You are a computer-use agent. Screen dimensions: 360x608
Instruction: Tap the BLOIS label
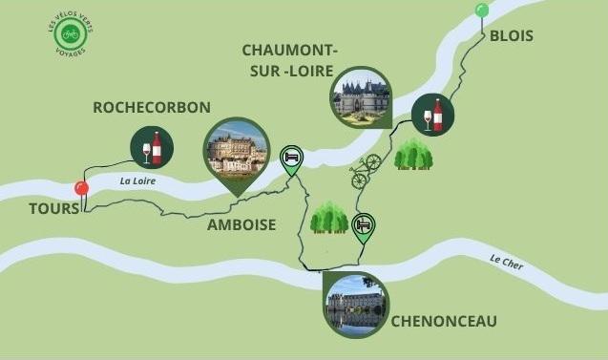pos(511,36)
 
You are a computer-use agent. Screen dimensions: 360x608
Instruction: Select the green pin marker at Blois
pos(482,11)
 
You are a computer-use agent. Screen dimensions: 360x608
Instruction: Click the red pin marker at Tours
pos(82,188)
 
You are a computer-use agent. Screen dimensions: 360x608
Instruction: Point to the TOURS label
pos(53,208)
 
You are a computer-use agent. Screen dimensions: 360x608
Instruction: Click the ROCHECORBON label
pos(152,108)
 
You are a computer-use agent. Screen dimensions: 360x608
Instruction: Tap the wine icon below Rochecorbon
pos(152,148)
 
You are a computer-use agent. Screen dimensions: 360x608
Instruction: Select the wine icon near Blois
pos(432,116)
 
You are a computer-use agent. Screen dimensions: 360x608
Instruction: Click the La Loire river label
pos(137,180)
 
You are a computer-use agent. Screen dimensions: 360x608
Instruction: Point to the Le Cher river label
pos(507,260)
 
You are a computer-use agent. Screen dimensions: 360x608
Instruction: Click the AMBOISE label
pos(241,225)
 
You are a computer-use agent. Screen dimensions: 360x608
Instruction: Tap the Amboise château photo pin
pos(237,150)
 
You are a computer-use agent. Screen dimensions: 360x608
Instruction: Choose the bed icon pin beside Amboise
pos(291,158)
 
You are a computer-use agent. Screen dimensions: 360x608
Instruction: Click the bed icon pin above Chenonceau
pos(363,226)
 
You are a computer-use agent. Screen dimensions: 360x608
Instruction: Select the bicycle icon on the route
pos(365,171)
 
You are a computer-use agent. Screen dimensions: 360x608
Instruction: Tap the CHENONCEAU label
pos(444,322)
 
